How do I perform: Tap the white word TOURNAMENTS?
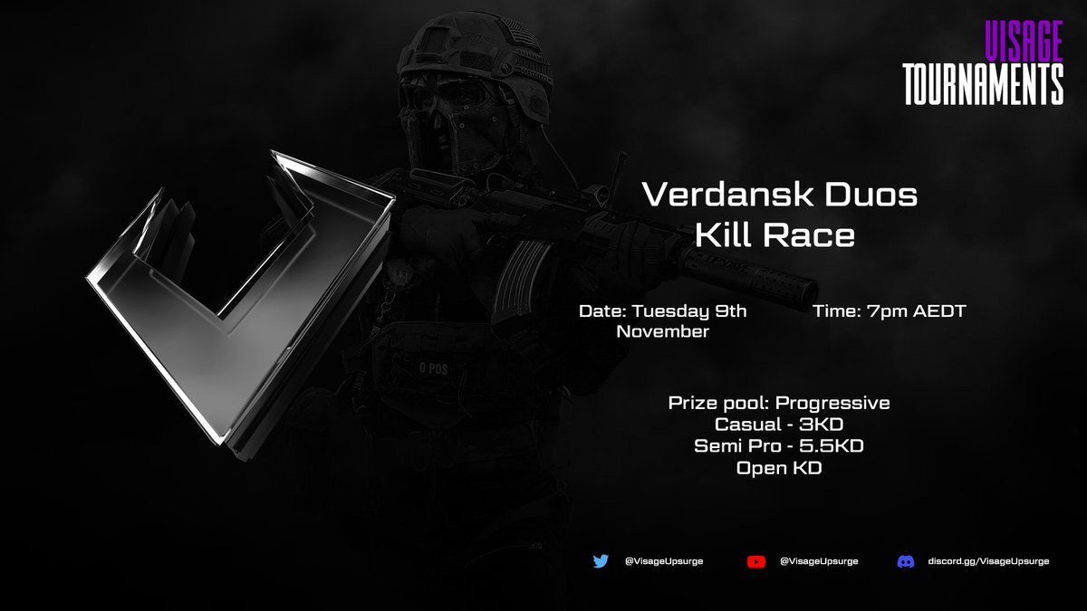click(x=982, y=83)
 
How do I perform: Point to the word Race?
click(x=813, y=235)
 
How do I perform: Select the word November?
click(x=662, y=332)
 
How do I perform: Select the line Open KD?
click(x=779, y=468)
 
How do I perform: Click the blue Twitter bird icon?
click(x=601, y=561)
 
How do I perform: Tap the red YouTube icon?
click(x=756, y=561)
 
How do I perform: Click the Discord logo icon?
click(x=905, y=561)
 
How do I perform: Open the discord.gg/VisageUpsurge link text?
click(x=988, y=561)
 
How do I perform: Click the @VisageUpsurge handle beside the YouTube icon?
click(x=819, y=561)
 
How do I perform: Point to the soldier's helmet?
click(x=471, y=54)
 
